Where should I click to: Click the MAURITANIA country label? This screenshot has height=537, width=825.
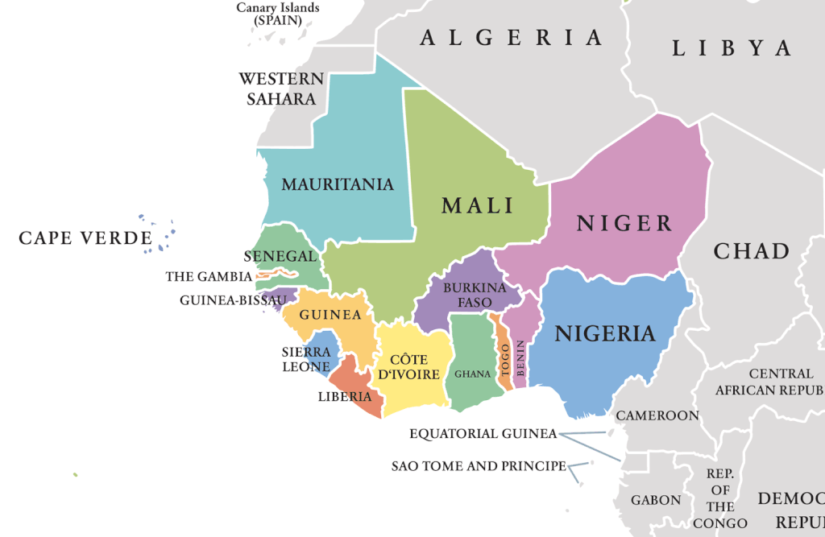point(338,184)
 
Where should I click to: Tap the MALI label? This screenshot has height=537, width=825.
point(478,205)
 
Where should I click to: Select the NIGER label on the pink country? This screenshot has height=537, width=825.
point(624,223)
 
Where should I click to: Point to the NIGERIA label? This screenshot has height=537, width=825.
point(604,333)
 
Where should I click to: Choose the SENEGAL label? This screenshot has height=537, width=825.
point(280,256)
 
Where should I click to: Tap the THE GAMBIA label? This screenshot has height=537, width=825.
point(209,277)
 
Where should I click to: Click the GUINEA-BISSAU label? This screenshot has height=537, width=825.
point(233,300)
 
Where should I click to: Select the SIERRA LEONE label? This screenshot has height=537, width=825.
point(306,359)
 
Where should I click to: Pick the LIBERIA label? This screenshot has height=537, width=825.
point(345,396)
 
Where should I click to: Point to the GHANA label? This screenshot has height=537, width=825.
point(472,374)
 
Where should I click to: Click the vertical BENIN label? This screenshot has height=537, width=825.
point(521,358)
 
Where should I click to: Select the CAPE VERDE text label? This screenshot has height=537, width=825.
point(85,238)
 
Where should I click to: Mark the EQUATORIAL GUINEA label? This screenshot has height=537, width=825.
point(483,434)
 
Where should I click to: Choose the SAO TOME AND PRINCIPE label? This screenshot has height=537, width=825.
point(479,466)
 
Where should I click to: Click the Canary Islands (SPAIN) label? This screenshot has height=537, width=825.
point(277,13)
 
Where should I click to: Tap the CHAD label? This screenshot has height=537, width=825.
point(751,251)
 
